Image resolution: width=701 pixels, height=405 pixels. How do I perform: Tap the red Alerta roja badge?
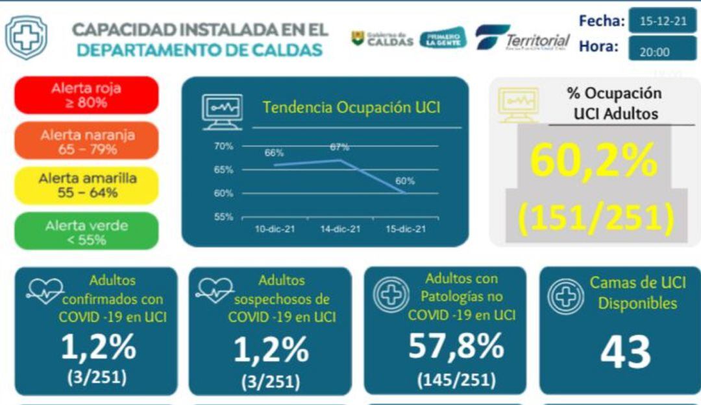coord(86,95)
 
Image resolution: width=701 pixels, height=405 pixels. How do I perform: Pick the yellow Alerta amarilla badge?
coord(86,185)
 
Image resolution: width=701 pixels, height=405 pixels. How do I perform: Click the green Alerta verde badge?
coord(86,232)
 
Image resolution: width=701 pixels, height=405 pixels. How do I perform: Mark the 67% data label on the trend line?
coord(339,147)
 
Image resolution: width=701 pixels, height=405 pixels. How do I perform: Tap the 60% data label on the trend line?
coord(404,181)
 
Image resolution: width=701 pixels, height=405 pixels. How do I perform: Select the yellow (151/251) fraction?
coord(595,217)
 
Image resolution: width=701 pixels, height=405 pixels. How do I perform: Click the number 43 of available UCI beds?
coord(624,352)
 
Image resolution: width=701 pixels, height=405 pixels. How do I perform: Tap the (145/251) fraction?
coord(456,378)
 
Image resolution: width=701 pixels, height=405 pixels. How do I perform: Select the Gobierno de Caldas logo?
coord(382,38)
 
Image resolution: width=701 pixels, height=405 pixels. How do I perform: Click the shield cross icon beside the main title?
coord(26,38)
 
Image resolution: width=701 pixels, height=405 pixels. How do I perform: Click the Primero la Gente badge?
coord(443,38)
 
